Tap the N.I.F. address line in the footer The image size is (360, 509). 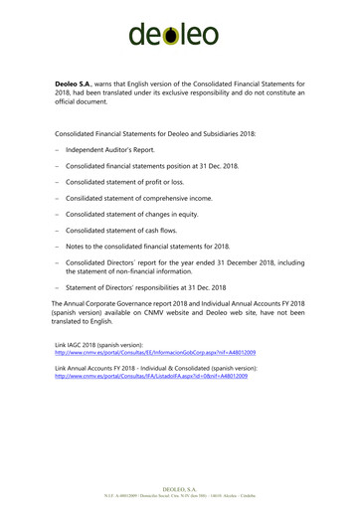[x=180, y=496]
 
